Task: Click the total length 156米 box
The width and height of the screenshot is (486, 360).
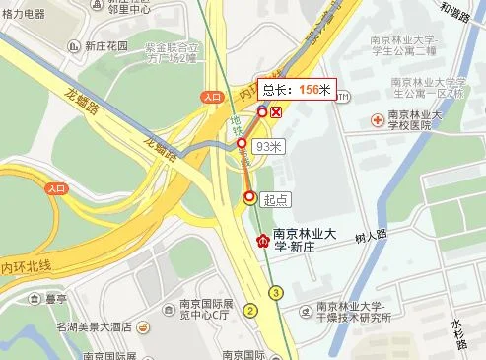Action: (296, 89)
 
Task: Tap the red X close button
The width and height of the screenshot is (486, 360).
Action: (277, 112)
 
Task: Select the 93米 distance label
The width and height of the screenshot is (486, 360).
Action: (268, 146)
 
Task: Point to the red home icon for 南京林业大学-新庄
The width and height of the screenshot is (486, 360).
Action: (262, 240)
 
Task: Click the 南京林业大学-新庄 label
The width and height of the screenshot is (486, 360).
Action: (307, 240)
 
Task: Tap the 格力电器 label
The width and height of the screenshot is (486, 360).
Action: (23, 14)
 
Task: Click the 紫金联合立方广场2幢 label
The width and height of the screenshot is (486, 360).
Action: (172, 51)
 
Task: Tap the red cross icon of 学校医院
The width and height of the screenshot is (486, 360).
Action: (379, 119)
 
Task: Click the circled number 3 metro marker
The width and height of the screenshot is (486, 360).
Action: (277, 292)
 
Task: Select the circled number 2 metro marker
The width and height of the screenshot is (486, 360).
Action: (251, 312)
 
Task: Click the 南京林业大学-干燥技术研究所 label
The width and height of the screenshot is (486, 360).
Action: (353, 311)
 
